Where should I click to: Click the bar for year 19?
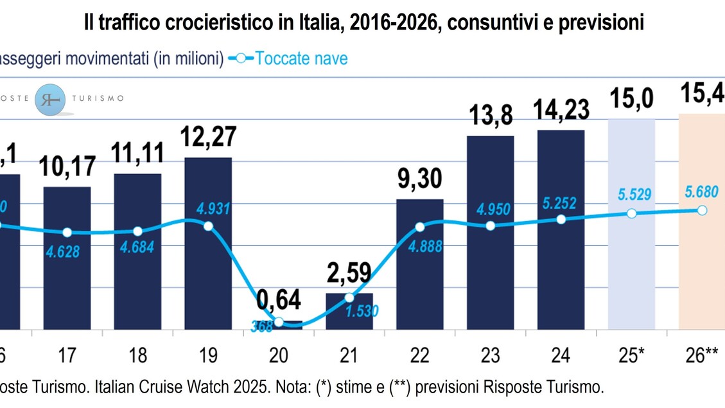[x=208, y=244]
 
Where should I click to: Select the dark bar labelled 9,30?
[x=420, y=264]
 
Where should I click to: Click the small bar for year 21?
[x=349, y=311]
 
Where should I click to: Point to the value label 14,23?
[x=561, y=109]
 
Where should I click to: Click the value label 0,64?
[x=279, y=301]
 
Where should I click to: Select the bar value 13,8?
[x=490, y=116]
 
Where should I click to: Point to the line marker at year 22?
[x=420, y=227]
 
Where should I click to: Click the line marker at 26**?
[x=702, y=210]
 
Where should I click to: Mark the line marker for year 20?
[x=279, y=322]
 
